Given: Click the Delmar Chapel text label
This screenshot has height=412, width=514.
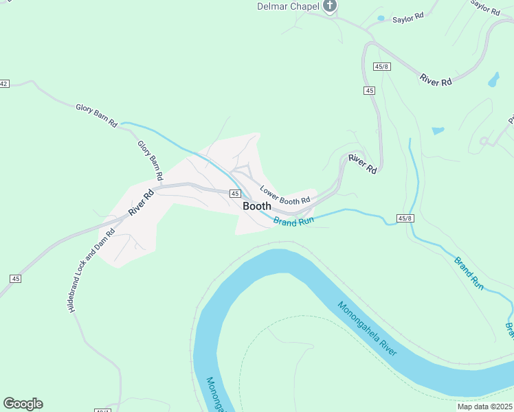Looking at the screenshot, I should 287,7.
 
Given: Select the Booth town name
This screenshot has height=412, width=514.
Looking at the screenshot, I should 257,205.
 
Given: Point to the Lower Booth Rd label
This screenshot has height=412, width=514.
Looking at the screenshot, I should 285,195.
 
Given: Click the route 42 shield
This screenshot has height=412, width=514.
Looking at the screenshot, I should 4,84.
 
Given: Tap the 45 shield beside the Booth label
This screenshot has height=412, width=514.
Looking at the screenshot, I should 235,194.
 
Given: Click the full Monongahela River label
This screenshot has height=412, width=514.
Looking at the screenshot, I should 367,328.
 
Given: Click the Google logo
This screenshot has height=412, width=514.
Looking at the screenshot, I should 23,404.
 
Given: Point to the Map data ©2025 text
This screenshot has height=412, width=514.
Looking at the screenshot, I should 484,406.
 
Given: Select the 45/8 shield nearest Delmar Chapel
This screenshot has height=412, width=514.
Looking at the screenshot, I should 383,67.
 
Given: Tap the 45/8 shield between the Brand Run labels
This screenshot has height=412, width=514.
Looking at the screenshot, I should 405,218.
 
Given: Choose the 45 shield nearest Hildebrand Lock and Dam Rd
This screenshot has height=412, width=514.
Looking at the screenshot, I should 15,278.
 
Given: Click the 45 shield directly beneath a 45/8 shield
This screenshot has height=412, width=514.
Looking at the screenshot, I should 370,91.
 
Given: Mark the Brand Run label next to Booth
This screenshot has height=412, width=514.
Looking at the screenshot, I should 293,222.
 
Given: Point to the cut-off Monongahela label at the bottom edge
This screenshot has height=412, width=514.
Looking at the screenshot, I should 216,395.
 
